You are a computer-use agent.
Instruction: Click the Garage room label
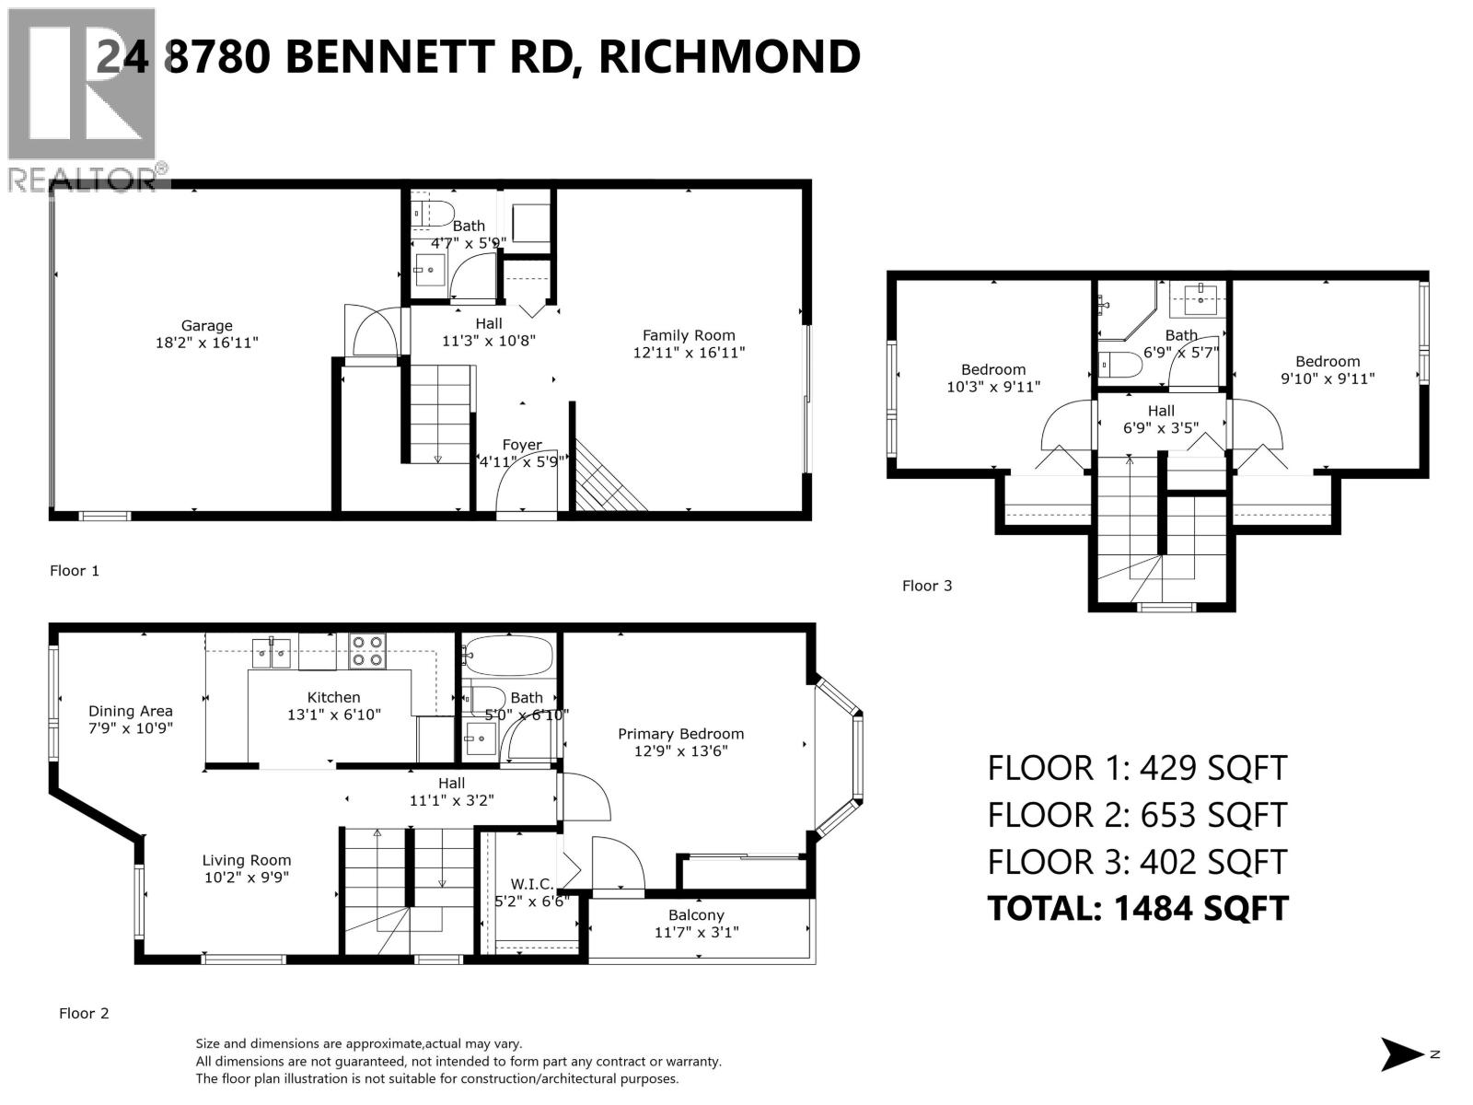tap(206, 326)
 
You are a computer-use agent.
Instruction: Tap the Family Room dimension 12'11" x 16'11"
tap(689, 352)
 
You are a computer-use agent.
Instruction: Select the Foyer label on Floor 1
tap(522, 445)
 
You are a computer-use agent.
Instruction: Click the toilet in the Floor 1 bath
tap(433, 213)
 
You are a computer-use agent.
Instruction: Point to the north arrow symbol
tap(1402, 1054)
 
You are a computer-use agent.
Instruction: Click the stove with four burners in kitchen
tap(367, 651)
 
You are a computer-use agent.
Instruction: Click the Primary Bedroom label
tap(680, 734)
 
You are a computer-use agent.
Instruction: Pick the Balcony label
tap(696, 915)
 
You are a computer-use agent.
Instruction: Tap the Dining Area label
tap(131, 711)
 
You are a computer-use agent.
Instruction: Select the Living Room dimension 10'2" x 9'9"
tap(247, 878)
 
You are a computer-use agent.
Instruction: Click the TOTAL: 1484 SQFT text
tap(1138, 909)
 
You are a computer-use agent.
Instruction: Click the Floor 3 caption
tap(927, 586)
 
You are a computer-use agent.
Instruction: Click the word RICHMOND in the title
tap(729, 56)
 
